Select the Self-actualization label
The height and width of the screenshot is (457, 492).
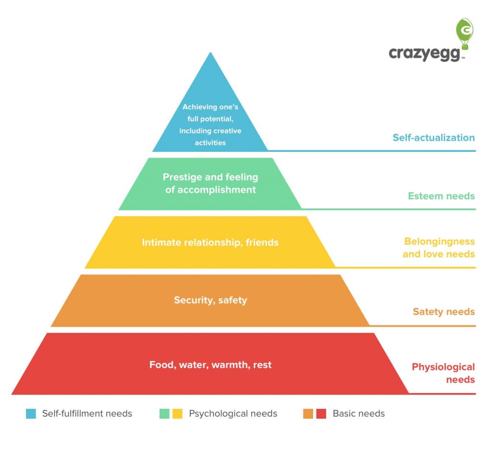coord(433,137)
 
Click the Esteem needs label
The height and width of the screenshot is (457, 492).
coord(441,196)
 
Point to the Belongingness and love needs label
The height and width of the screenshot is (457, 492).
coord(439,247)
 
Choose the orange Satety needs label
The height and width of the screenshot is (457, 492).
coord(443,312)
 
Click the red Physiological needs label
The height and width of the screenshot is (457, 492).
coord(443,373)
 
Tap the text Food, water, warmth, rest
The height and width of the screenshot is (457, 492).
coord(210,365)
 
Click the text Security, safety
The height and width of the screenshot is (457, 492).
coord(210,300)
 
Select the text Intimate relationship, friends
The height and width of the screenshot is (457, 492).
coord(210,242)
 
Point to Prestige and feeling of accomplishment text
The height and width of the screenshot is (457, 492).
coord(210,184)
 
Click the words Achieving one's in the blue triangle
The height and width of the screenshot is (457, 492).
coord(210,107)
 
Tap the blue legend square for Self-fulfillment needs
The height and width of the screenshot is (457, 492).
coord(31,414)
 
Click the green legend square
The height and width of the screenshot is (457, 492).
coord(165,414)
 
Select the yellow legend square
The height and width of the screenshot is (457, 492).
coord(177,414)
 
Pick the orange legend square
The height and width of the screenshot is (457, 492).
coord(308,414)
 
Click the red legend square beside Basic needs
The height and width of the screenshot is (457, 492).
coord(321,414)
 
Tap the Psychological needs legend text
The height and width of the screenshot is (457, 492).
coord(233,414)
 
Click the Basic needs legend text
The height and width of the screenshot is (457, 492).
coord(358,414)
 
